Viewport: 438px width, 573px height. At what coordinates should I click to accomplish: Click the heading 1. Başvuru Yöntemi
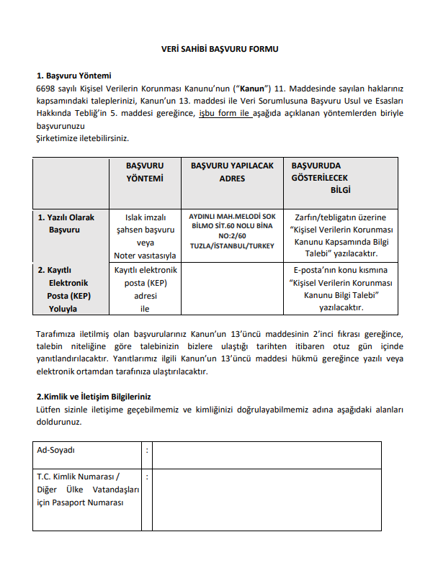(73, 75)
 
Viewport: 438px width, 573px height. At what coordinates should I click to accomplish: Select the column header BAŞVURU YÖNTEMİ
(144, 172)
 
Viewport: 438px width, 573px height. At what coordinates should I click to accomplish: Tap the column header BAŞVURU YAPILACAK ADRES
(232, 172)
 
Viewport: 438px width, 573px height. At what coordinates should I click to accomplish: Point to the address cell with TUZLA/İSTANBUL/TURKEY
(232, 235)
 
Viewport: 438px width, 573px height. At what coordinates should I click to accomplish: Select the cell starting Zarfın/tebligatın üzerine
(340, 235)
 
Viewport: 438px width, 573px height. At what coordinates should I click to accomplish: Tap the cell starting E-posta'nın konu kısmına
(340, 289)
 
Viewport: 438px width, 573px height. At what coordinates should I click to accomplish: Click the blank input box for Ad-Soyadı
(267, 455)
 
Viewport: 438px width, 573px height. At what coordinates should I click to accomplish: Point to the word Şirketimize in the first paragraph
(60, 138)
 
